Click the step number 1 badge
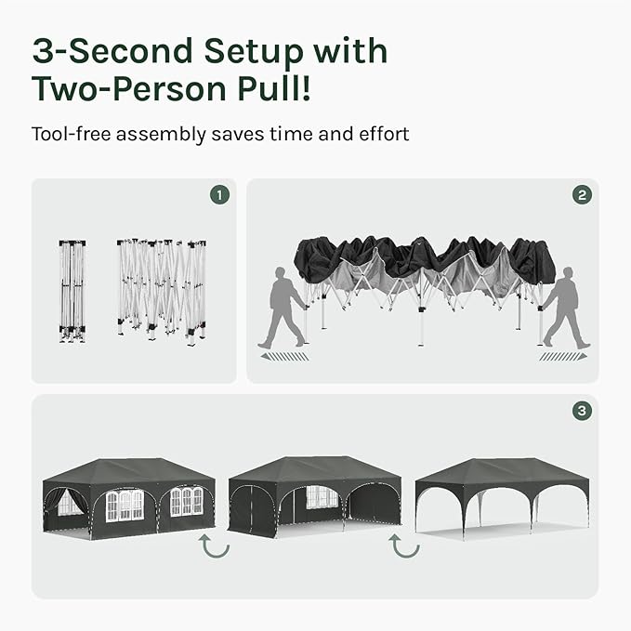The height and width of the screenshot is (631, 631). click(x=219, y=195)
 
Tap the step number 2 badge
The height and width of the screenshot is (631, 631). click(x=582, y=195)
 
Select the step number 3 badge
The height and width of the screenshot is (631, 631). click(x=582, y=411)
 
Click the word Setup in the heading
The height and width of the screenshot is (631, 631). click(x=254, y=52)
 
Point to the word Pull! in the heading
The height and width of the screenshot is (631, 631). click(x=274, y=88)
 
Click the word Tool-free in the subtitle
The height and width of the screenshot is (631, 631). click(x=71, y=134)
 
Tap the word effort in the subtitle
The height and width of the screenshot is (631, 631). click(x=384, y=134)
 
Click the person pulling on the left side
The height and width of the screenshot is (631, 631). click(x=283, y=308)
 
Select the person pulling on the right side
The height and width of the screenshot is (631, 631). click(x=565, y=308)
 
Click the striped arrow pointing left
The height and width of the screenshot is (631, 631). click(x=284, y=357)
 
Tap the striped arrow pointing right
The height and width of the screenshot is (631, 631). click(x=563, y=357)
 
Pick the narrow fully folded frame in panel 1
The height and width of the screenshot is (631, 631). click(x=72, y=292)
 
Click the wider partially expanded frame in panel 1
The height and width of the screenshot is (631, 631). click(x=162, y=292)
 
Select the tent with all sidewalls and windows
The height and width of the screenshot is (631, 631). click(x=129, y=498)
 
